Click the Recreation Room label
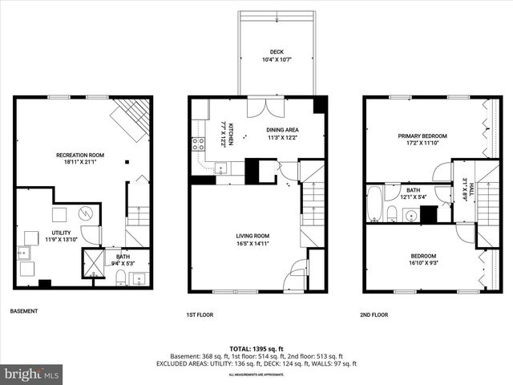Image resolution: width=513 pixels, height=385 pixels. point(79,155)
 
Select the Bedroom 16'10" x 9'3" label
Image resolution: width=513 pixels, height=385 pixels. point(424,256)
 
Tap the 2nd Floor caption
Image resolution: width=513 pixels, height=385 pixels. point(374,315)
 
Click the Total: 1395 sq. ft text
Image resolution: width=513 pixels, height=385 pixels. point(256,348)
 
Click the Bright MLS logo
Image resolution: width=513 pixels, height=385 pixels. point(32,374)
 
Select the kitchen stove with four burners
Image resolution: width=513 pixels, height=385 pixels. point(196,144)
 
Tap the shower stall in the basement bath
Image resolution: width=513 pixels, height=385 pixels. point(94,262)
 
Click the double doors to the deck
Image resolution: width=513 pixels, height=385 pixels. point(264,107)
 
